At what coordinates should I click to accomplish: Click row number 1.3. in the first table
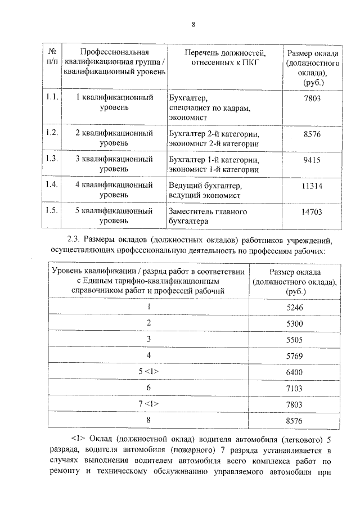(x=52, y=159)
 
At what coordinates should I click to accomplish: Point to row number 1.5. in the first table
(x=52, y=211)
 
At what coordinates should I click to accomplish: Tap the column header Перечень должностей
(x=224, y=52)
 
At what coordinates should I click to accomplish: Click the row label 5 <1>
(x=149, y=372)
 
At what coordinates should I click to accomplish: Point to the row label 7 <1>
(x=149, y=404)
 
